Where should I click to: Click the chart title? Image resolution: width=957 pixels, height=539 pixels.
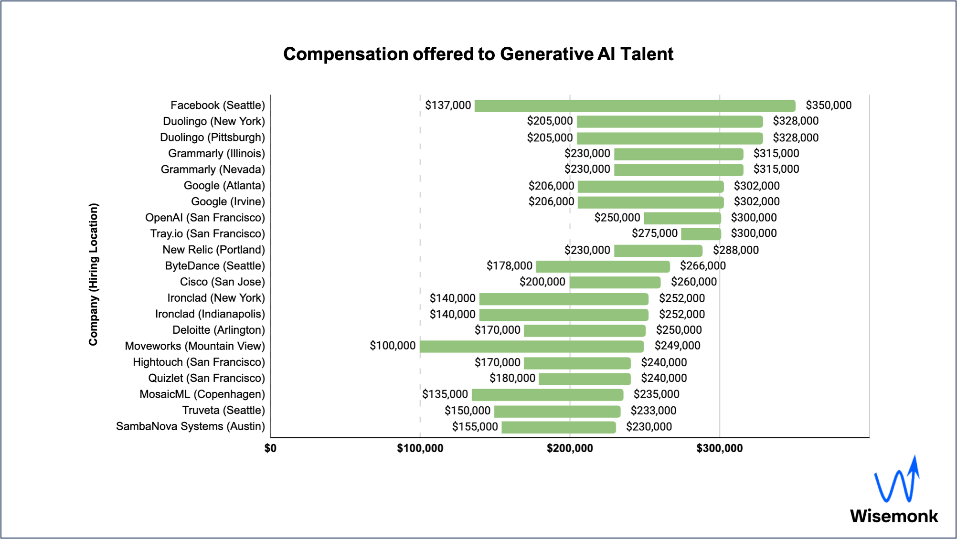click(478, 54)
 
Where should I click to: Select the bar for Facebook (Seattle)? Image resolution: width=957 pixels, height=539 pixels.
click(635, 106)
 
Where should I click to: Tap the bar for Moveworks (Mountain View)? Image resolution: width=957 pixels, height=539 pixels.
click(532, 346)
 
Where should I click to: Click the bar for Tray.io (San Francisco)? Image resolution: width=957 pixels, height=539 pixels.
click(701, 234)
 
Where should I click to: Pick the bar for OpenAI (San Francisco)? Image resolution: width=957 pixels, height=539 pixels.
click(682, 218)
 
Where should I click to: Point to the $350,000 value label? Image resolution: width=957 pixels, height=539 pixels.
click(829, 105)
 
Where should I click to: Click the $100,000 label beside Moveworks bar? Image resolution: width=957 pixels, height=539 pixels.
click(393, 346)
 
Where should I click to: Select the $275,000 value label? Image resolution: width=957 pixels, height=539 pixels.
click(654, 233)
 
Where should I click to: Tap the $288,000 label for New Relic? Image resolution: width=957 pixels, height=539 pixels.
click(735, 250)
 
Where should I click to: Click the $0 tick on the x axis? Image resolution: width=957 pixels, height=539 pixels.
click(270, 448)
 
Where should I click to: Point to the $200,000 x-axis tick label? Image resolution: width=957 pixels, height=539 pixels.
click(570, 448)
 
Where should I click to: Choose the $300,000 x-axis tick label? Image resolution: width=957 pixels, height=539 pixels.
click(719, 448)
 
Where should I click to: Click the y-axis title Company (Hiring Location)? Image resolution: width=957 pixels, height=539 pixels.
click(93, 274)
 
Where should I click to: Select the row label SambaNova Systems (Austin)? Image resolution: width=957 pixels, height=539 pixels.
click(190, 426)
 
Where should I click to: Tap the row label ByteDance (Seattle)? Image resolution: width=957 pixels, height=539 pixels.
click(214, 266)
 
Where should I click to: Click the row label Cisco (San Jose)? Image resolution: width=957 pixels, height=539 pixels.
click(222, 282)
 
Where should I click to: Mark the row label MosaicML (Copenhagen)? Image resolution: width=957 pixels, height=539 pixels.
click(202, 394)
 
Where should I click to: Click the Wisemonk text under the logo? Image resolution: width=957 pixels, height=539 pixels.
click(893, 516)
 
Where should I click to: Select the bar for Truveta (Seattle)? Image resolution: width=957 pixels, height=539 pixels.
click(557, 411)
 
